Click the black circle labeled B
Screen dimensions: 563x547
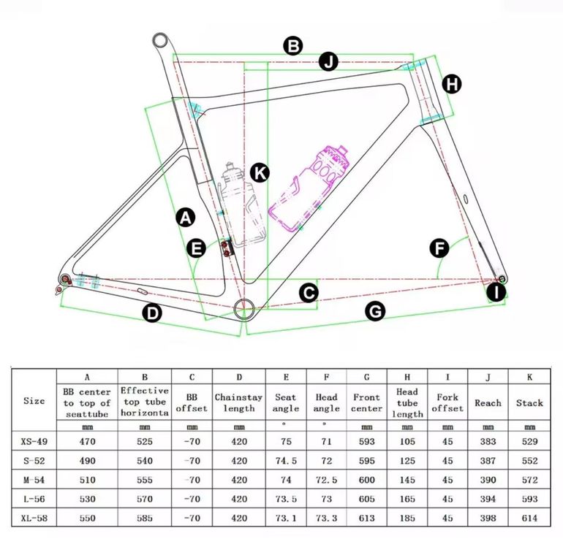293,46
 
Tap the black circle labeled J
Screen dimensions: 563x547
328,61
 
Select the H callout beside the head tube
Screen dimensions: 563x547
451,84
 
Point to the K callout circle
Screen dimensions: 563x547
260,173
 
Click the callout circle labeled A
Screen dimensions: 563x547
185,218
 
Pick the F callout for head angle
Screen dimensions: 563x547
439,248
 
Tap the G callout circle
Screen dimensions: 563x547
375,311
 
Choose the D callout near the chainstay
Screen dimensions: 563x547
152,313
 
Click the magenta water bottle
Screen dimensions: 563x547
309,188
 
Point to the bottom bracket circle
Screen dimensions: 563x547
244,308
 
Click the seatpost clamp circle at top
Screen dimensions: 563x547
161,40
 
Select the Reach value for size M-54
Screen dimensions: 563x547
488,480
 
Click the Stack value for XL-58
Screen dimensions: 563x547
529,518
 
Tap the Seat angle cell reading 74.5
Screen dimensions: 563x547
286,461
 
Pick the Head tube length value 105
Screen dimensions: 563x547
407,442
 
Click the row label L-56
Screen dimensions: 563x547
34,499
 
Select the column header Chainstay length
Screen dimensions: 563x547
239,402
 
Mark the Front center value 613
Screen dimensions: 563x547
366,518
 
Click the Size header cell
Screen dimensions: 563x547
34,401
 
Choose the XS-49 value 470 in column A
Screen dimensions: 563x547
87,442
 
